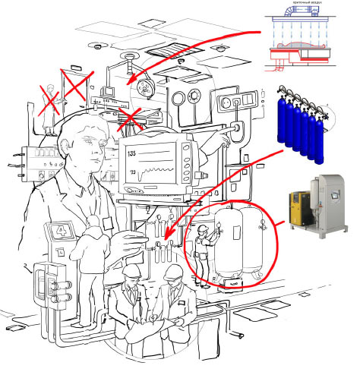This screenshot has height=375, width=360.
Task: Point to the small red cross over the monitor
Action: (x=129, y=118)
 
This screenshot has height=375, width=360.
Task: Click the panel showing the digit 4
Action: (x=59, y=231)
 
